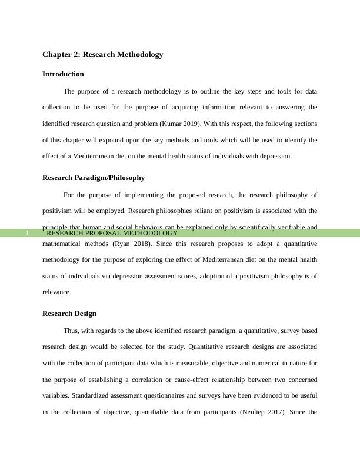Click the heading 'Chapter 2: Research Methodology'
pos(102,55)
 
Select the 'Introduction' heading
pos(63,74)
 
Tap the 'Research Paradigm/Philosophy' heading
pos(94,178)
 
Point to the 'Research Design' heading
pos(69,314)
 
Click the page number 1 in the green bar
pos(27,234)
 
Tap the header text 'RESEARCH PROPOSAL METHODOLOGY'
pos(112,234)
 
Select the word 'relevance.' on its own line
pos(57,291)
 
